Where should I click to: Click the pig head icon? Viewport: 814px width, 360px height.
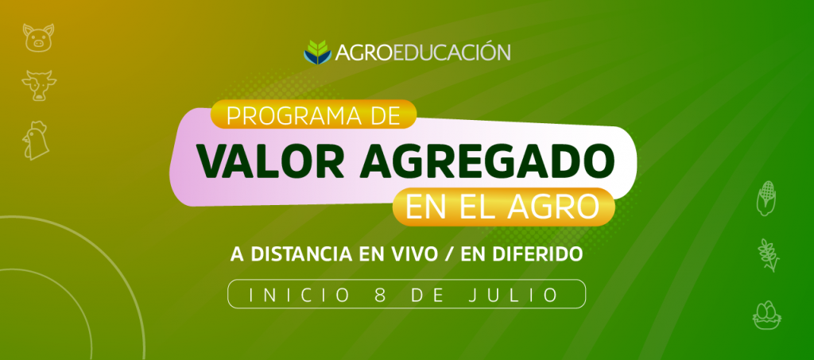pyautogui.click(x=38, y=37)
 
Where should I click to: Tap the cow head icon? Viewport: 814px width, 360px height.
pyautogui.click(x=39, y=86)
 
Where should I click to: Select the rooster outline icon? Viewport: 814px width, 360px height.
pyautogui.click(x=35, y=141)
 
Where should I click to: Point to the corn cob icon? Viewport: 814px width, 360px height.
pyautogui.click(x=766, y=198)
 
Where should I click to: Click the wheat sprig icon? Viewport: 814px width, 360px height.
pyautogui.click(x=769, y=255)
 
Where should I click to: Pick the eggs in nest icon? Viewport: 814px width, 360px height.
pyautogui.click(x=767, y=315)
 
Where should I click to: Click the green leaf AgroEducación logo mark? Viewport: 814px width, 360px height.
pyautogui.click(x=317, y=52)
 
